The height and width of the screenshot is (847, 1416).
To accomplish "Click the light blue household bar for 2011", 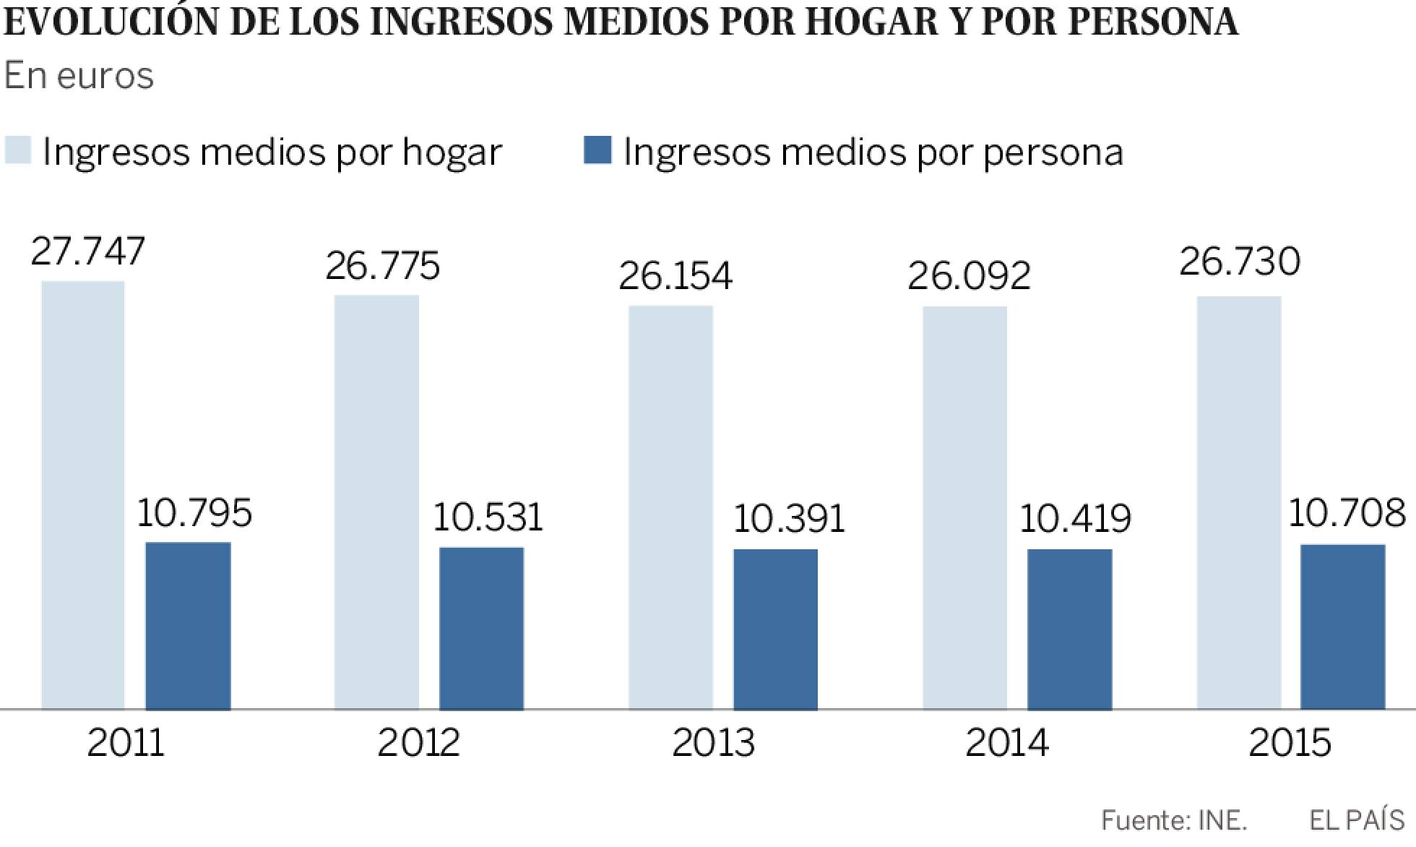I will (83, 495).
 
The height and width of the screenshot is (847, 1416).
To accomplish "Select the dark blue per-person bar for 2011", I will (189, 626).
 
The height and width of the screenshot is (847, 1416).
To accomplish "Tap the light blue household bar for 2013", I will (670, 507).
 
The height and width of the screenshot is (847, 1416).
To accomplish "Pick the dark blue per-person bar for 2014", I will (1069, 629).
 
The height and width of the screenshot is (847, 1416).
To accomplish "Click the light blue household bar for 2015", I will (1239, 503).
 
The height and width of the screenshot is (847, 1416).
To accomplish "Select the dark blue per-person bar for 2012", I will (482, 629).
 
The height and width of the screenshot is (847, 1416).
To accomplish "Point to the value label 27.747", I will (88, 251).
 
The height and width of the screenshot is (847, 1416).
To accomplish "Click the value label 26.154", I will (675, 276).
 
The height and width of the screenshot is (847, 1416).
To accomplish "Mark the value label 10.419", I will (1075, 519).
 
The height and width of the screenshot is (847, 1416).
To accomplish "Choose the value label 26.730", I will (1240, 261).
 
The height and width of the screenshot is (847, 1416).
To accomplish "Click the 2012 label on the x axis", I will (419, 743).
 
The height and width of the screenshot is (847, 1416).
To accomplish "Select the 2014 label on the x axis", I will (1007, 743).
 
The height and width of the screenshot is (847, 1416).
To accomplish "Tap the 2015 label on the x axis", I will (1290, 743).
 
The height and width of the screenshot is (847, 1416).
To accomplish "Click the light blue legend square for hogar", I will (18, 150).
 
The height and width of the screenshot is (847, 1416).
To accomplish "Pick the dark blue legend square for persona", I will (597, 150).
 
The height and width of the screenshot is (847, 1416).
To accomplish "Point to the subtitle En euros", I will (79, 76).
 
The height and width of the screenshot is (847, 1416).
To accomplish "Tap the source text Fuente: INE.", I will (1174, 820).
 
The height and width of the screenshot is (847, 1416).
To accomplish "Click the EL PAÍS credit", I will (1357, 820).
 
